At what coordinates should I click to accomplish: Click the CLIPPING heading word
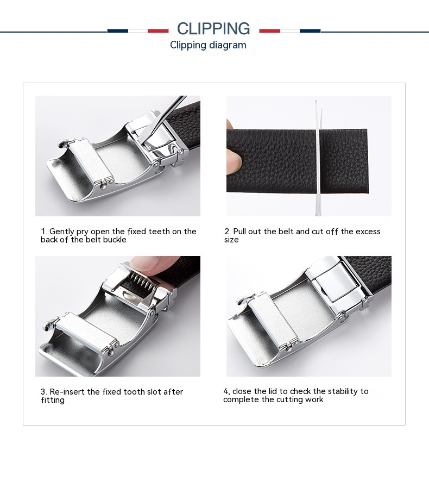(213, 28)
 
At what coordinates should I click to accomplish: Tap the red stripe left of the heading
(158, 31)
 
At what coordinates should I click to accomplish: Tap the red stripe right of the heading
(270, 31)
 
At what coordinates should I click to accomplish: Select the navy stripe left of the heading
(118, 31)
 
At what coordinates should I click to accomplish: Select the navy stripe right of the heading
(310, 31)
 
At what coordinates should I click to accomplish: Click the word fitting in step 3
(53, 401)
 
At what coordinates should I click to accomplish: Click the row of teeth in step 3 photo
(142, 282)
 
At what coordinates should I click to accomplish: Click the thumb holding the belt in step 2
(234, 160)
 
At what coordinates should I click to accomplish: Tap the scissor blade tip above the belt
(316, 101)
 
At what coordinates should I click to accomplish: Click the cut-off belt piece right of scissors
(344, 161)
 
